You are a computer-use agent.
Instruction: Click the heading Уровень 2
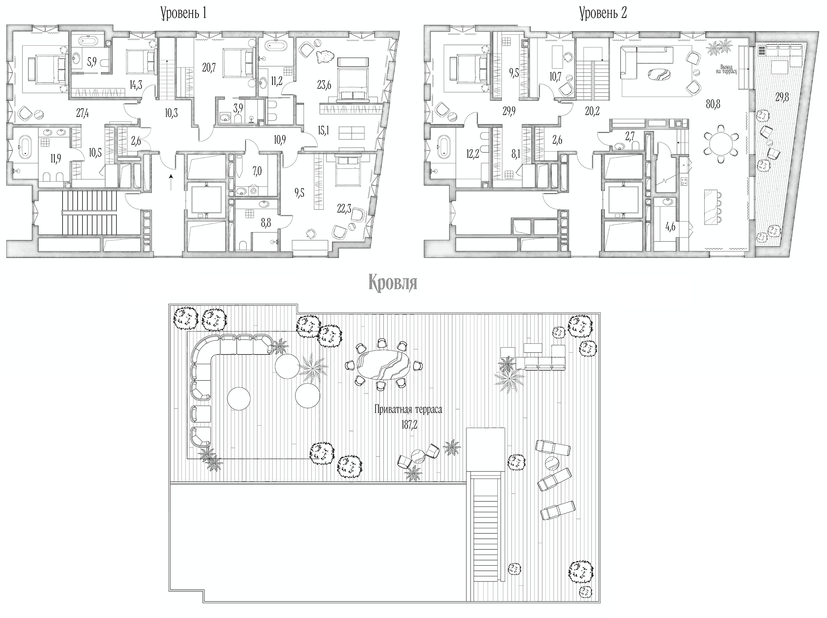point(603,13)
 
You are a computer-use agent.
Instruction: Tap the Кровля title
point(393,283)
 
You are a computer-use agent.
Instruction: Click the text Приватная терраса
point(408,410)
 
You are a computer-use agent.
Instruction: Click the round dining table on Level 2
point(721,144)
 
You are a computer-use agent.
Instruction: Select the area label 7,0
point(257,172)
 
